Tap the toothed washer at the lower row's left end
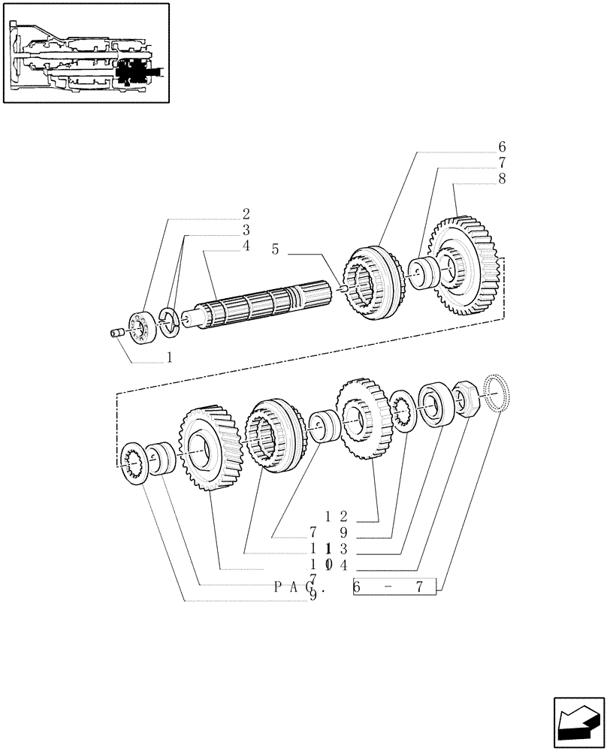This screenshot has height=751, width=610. click(x=133, y=463)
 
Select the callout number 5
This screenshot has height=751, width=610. click(x=276, y=249)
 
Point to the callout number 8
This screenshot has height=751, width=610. click(x=502, y=179)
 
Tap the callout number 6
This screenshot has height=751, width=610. click(x=502, y=147)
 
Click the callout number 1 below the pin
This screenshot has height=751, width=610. click(x=169, y=358)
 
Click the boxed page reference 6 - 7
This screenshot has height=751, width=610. click(x=394, y=587)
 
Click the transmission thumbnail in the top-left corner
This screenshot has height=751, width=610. click(x=85, y=53)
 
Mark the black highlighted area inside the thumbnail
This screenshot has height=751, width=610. click(x=135, y=73)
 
